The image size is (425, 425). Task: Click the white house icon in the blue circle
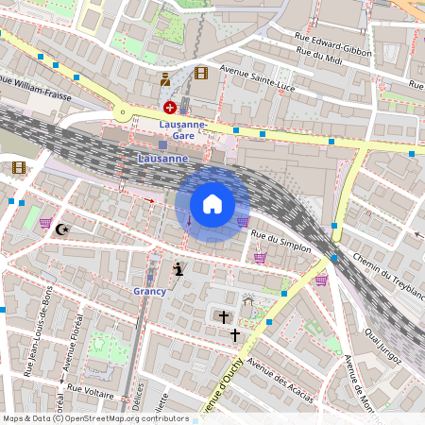click(x=212, y=204)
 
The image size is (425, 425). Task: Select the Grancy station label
click(x=149, y=291)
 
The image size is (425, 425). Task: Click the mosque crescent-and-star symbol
click(x=63, y=229)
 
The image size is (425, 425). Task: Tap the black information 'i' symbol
click(x=178, y=270)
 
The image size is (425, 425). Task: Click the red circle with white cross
click(x=170, y=108)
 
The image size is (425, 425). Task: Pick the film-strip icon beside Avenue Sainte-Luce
click(x=200, y=73)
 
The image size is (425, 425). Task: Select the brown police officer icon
click(x=165, y=79)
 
